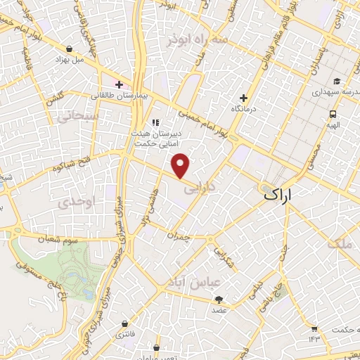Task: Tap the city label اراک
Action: [287, 195]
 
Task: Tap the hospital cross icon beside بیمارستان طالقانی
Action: [120, 84]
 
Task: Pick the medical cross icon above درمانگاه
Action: [244, 98]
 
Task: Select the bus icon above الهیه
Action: [332, 113]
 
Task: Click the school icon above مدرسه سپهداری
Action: [337, 80]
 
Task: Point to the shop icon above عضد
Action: [219, 299]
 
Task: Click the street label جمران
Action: [181, 237]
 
